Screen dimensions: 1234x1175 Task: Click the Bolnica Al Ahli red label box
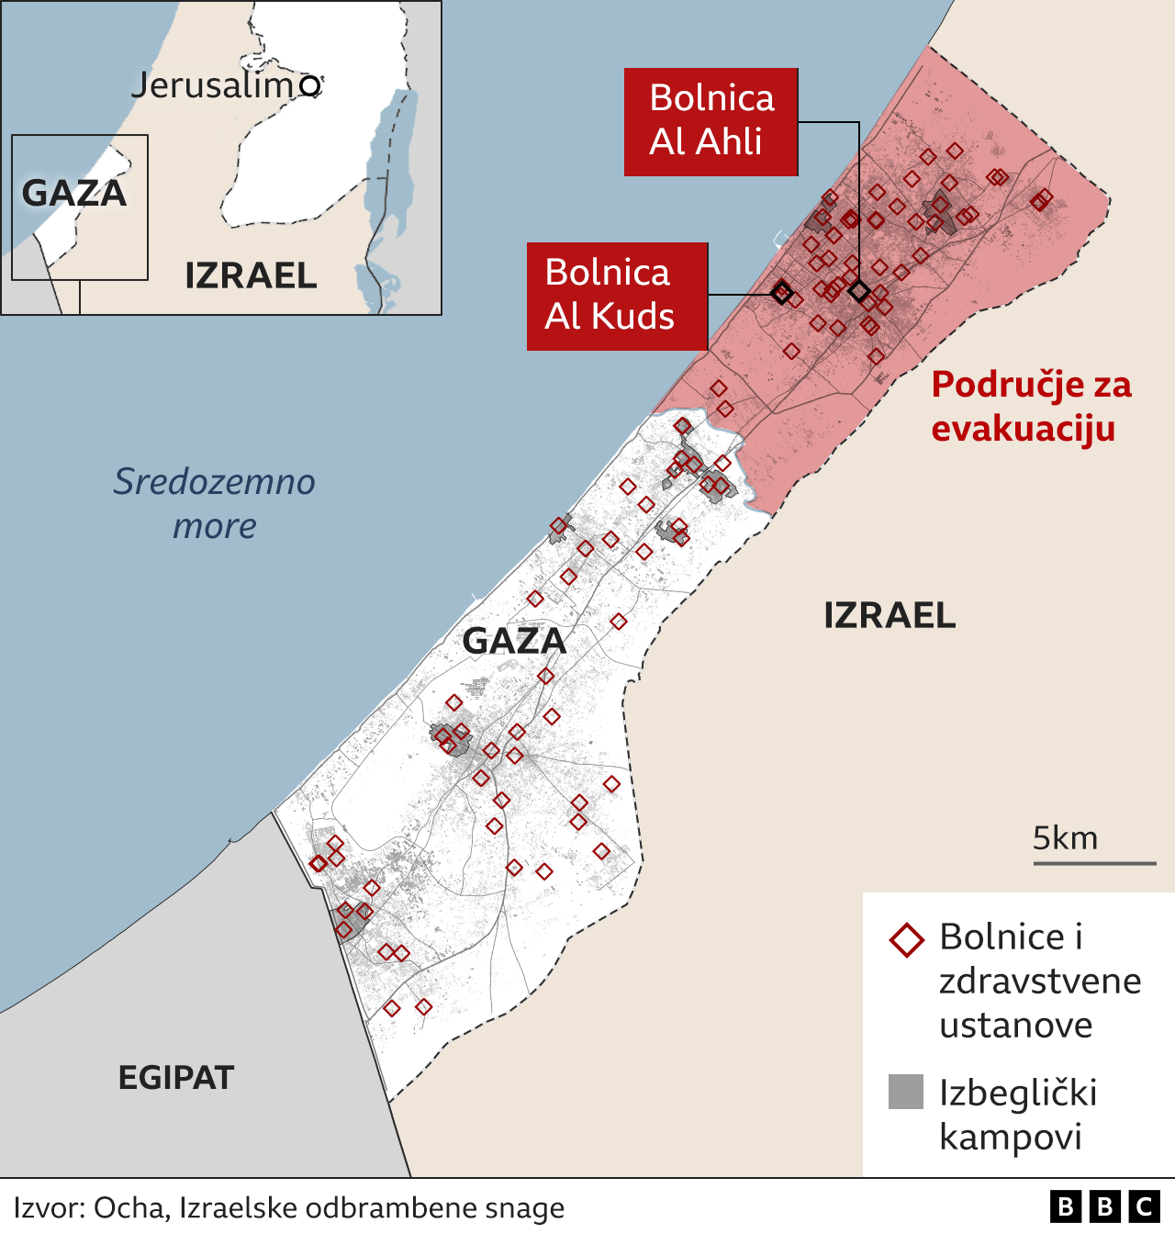click(711, 121)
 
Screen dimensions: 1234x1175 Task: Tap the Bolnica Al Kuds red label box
click(616, 296)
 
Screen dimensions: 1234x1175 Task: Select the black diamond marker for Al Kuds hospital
click(781, 293)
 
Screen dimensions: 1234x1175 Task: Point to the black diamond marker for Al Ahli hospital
click(859, 292)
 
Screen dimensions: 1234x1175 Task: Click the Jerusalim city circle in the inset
click(311, 85)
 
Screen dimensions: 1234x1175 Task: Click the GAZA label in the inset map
click(73, 193)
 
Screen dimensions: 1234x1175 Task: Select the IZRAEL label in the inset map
click(251, 275)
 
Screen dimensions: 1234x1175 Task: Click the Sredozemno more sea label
click(215, 503)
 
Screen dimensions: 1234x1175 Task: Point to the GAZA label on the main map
click(514, 641)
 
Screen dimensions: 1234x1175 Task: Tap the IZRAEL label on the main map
click(890, 615)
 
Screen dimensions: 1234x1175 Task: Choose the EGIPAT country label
click(176, 1077)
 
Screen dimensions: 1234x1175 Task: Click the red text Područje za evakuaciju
click(1031, 407)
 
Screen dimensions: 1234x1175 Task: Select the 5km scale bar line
click(1094, 863)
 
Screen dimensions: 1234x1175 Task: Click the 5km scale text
click(1065, 837)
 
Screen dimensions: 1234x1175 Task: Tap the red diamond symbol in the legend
click(907, 940)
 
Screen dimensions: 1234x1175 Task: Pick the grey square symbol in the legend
click(906, 1092)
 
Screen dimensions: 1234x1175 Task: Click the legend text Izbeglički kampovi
click(1017, 1115)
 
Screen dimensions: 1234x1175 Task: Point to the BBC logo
click(1104, 1206)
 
